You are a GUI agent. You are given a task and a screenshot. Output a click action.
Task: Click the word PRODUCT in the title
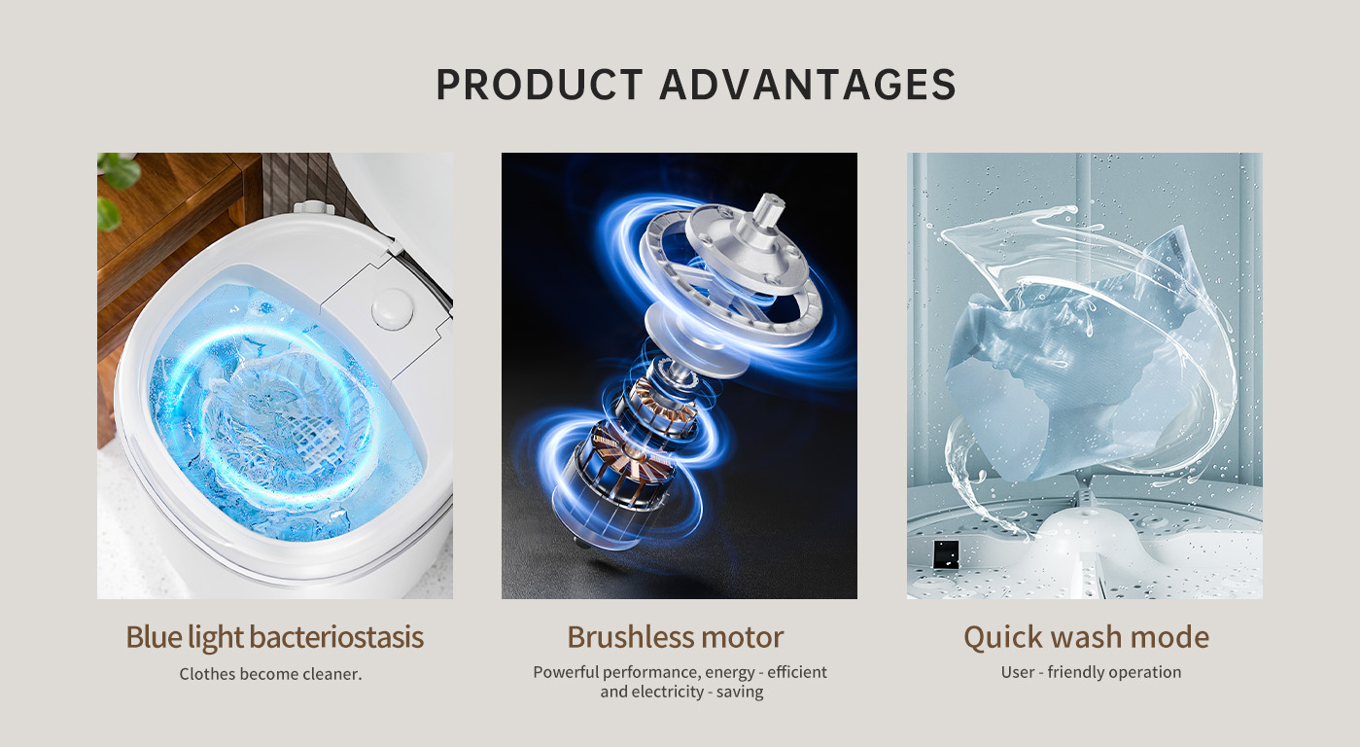pos(540,84)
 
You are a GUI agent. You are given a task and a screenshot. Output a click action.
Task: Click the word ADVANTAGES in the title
pos(808,84)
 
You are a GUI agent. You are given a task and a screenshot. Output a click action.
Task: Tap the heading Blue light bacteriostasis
pos(274,638)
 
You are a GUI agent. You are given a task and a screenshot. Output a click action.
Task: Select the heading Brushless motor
pos(676,637)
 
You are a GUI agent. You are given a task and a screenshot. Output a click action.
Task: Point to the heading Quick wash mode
pos(1086,638)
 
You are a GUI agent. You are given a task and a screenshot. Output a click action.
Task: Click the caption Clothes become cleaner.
pos(270,673)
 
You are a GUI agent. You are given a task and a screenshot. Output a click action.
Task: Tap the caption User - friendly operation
pos(1091,672)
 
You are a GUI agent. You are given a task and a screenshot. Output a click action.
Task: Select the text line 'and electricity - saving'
pos(681,692)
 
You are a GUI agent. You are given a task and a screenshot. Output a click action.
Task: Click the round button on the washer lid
pos(392,308)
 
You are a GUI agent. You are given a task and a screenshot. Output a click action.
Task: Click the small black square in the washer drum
pos(946,554)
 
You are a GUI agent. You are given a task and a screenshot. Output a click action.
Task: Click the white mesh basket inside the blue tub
pos(286,413)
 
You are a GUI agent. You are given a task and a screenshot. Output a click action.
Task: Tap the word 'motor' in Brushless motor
pos(743,637)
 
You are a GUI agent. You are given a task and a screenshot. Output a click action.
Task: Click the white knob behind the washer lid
pos(314,208)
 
